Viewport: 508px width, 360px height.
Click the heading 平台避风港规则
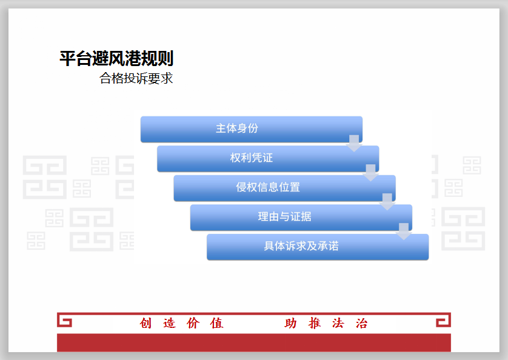coord(116,59)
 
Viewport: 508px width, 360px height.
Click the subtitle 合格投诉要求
coord(136,78)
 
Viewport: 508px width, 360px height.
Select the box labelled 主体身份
coord(252,129)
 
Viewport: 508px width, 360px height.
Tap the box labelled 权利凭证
coord(268,159)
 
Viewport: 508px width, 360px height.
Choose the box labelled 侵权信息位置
coord(284,188)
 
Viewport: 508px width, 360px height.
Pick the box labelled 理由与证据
coord(301,218)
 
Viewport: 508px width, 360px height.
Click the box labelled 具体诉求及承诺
coord(318,247)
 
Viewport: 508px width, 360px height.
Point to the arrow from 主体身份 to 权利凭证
coord(354,143)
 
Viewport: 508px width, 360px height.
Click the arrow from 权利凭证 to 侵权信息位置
coord(370,173)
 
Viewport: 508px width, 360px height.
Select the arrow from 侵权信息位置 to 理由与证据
coord(387,202)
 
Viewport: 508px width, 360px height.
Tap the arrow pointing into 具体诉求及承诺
coord(403,232)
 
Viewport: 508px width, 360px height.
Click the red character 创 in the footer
coord(145,323)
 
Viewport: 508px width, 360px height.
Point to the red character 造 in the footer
coord(170,323)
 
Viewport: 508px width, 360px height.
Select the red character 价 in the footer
coord(193,323)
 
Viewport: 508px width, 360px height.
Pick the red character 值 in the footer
coord(217,323)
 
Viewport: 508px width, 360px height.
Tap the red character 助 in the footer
coord(290,323)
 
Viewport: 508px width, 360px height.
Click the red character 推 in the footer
coord(314,323)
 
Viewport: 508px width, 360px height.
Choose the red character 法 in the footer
coord(338,323)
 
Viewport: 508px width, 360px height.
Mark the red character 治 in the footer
coord(361,323)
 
